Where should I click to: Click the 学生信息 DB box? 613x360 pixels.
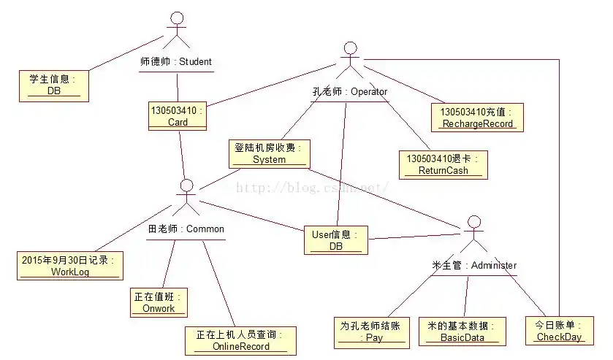(x=54, y=85)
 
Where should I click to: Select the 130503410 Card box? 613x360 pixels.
(x=178, y=116)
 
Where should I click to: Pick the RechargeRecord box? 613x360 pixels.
(x=477, y=118)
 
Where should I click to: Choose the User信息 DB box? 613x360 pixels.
(x=335, y=240)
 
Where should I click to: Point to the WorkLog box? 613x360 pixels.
(x=70, y=266)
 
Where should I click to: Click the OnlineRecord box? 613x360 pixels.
(x=240, y=340)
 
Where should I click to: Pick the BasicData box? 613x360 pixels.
(x=462, y=331)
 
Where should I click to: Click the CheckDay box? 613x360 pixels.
(x=559, y=331)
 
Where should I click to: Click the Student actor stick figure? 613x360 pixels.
(x=175, y=29)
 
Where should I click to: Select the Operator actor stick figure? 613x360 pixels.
(x=350, y=61)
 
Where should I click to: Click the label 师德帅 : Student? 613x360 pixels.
(x=175, y=61)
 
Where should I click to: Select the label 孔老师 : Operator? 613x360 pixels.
(x=349, y=92)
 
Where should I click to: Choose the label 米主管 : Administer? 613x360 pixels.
(x=473, y=265)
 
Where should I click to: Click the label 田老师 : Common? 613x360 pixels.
(x=186, y=229)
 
